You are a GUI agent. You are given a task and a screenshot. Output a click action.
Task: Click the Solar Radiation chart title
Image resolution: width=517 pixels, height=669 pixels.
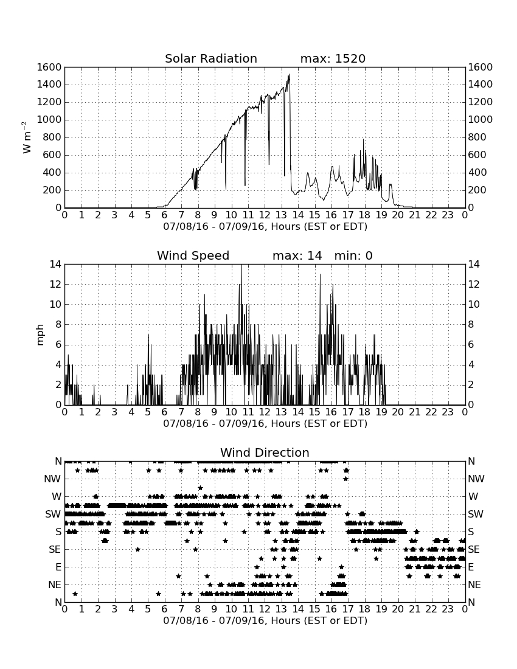point(211,58)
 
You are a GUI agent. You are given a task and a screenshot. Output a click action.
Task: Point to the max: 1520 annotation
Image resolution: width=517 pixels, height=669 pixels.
point(333,58)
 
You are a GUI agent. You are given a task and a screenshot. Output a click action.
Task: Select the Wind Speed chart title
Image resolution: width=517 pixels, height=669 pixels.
point(193,255)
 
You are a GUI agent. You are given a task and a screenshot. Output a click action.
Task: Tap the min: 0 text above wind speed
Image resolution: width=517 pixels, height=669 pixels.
point(353,255)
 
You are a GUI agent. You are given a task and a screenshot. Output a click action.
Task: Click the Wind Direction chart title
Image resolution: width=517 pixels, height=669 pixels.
point(265,452)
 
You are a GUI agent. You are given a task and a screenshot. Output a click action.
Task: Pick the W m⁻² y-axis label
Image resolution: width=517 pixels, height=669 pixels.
point(26,137)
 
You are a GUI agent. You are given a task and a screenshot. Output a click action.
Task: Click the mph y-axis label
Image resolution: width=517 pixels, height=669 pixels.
point(40,335)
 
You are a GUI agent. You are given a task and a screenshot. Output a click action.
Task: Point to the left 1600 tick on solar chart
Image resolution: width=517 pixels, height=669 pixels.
point(49,67)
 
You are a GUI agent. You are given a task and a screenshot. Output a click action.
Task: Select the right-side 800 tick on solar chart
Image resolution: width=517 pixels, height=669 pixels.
point(477,137)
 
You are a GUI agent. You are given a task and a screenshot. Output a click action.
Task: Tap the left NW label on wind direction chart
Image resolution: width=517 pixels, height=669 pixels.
point(52,479)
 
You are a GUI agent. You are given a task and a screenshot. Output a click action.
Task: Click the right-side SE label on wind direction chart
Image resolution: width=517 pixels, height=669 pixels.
point(473,550)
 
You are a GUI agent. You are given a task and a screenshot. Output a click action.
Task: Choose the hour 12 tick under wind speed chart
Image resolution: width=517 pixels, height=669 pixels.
point(265,412)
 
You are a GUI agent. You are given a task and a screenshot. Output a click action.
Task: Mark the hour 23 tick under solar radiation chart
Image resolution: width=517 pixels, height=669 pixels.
point(448,215)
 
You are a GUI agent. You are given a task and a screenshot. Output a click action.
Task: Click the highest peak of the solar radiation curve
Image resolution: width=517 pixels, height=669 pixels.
point(289,75)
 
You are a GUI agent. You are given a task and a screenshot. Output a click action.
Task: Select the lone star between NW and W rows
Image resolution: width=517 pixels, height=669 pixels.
point(200,488)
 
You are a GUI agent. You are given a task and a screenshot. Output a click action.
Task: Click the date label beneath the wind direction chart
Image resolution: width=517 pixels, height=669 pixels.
point(265,620)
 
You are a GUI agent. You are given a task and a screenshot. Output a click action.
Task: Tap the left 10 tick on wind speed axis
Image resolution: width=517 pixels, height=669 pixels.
point(56,304)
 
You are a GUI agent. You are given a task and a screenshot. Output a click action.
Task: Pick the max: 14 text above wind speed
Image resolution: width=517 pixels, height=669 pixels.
point(297,255)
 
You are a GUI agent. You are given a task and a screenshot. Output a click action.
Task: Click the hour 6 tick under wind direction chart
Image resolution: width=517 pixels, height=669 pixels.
point(165,609)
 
